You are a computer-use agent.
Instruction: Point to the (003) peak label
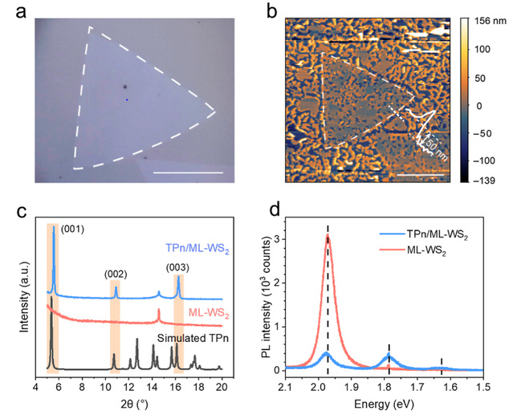tap(178, 268)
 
